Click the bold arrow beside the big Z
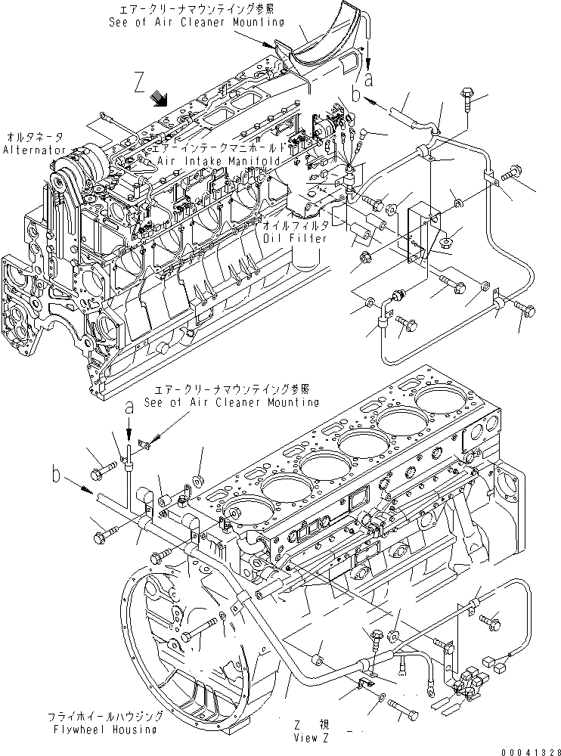pos(159,98)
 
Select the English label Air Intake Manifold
pos(219,162)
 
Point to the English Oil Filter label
pos(297,238)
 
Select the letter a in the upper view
pos(369,79)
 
